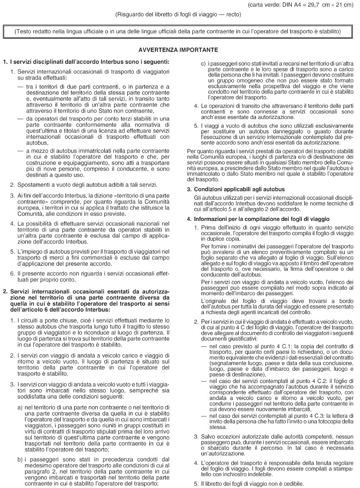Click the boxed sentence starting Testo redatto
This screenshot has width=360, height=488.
tap(177, 32)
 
